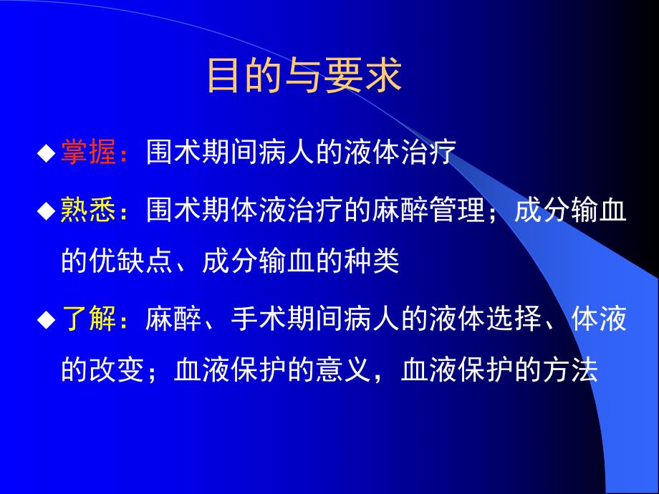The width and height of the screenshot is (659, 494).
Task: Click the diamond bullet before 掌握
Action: pos(47,153)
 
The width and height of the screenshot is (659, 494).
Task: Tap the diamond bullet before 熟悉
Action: pos(47,212)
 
